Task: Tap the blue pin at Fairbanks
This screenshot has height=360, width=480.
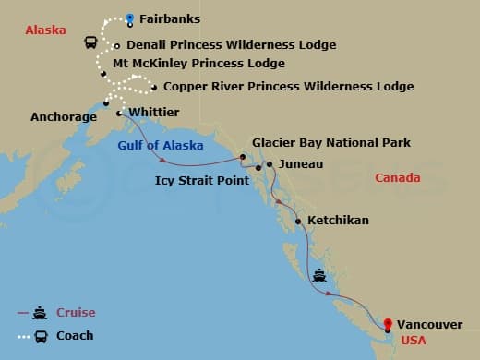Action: click(130, 17)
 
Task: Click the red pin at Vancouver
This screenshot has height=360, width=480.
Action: click(388, 324)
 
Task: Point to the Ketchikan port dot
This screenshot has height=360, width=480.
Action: click(297, 222)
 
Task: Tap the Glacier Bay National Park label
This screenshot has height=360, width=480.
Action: click(331, 143)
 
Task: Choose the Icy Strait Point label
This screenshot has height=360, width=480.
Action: click(201, 181)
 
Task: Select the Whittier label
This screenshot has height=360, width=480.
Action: click(154, 113)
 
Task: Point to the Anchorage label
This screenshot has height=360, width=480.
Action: click(64, 117)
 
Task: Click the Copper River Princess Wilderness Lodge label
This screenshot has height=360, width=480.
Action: click(288, 87)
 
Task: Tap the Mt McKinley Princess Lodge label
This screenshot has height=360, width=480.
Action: click(198, 64)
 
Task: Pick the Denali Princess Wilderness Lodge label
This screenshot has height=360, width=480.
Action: click(231, 44)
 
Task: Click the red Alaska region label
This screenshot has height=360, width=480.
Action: click(46, 30)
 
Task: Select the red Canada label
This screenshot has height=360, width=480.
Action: click(399, 177)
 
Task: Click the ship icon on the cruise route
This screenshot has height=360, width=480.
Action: click(318, 274)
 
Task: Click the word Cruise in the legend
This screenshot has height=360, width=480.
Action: click(77, 313)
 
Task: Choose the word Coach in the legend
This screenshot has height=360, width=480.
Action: click(75, 336)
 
